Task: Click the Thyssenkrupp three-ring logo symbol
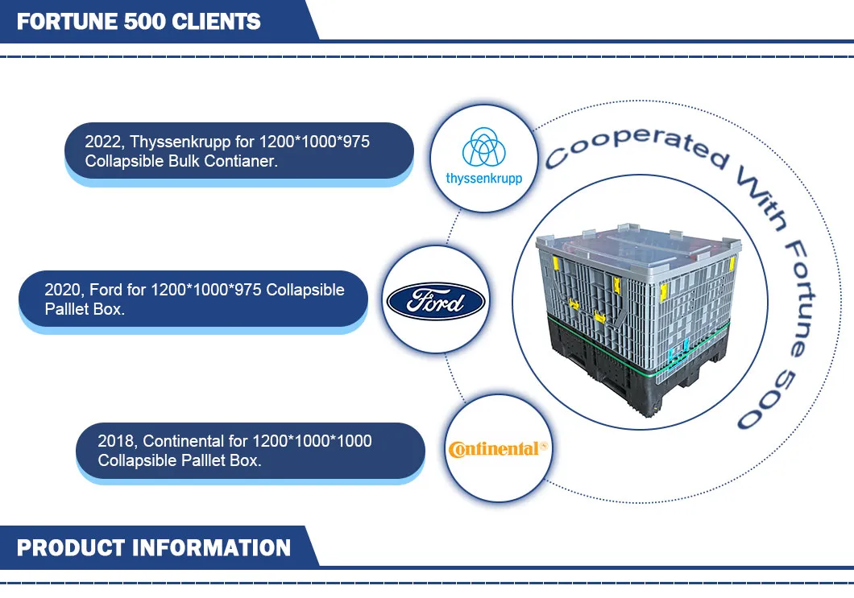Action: [x=483, y=146]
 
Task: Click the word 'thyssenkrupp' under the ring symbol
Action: [x=483, y=178]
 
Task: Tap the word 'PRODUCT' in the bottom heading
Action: [x=69, y=548]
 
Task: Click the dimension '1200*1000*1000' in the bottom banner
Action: [x=313, y=441]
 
